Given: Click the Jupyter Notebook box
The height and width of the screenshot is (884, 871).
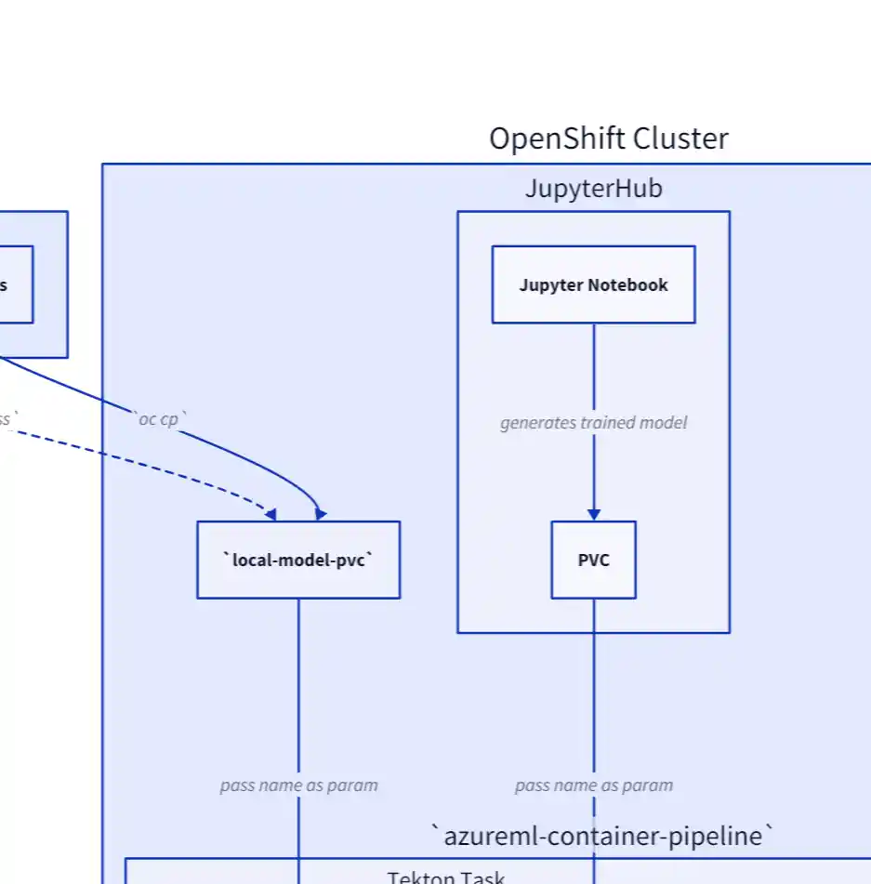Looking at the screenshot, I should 593,284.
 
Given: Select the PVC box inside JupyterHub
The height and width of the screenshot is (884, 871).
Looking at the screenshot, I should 593,560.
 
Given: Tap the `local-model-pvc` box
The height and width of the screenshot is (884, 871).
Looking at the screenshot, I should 298,560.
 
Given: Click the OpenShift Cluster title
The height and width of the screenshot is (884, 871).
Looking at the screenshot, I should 609,139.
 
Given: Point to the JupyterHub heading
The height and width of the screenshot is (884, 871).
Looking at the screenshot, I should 593,189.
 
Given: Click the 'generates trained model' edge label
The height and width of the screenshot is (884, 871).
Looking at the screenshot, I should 593,423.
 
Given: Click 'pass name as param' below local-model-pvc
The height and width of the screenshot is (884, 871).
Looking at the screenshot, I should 298,785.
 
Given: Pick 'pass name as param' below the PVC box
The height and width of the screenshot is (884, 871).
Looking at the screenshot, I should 593,785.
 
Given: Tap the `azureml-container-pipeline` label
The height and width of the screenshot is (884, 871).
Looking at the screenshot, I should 602,836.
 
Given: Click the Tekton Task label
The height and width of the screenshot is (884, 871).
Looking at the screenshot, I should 446,877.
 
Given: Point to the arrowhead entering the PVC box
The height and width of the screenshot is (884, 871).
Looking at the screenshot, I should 593,514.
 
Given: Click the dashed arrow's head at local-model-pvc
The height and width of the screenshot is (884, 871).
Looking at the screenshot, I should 271,514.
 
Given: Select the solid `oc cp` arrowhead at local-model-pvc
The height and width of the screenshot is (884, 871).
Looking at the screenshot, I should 321,514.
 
